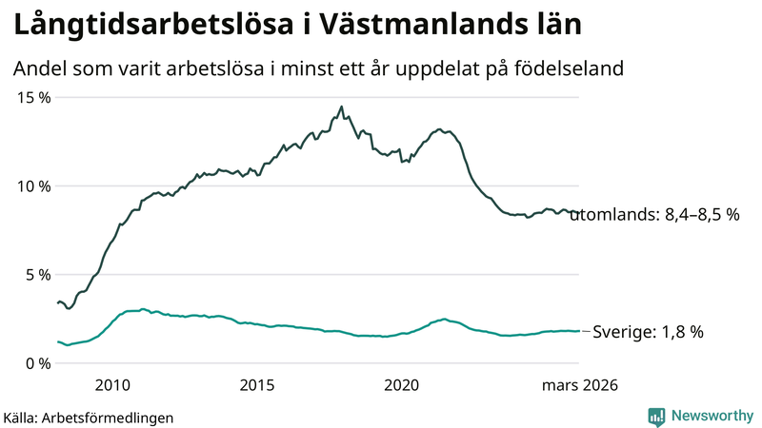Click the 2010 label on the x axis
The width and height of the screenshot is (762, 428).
pos(112,385)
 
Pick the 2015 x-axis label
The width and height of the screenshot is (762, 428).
pos(257,385)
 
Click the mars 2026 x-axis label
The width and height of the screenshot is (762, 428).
pos(579,385)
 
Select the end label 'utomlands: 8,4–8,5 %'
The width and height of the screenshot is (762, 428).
pos(654,216)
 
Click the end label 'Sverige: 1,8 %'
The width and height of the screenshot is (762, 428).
pos(648,332)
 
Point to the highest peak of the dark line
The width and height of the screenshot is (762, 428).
pos(341,107)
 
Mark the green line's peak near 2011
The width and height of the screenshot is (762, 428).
pos(143,309)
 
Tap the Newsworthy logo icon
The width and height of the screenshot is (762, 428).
pos(656,416)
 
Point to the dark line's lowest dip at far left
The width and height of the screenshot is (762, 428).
pos(69,308)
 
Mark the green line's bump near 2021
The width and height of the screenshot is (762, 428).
pos(444,319)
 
